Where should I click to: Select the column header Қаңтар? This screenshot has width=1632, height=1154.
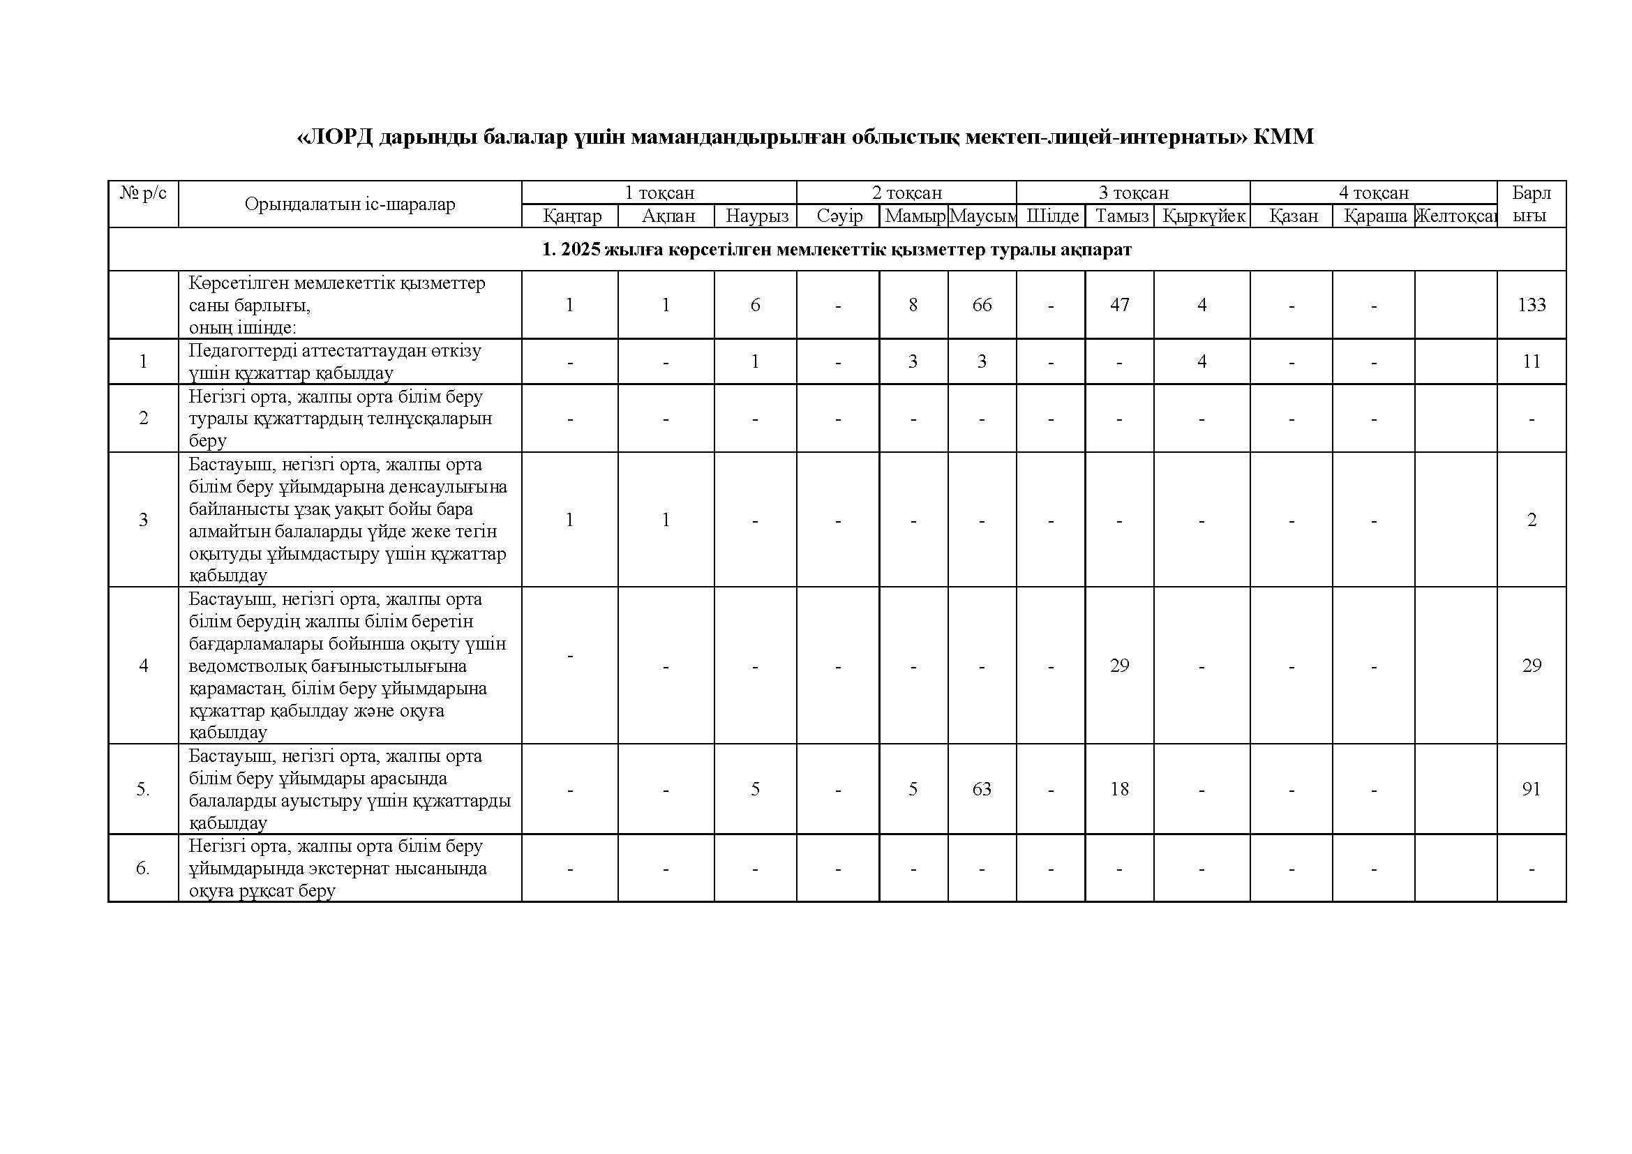tap(572, 216)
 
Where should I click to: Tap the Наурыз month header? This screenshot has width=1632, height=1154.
tap(756, 216)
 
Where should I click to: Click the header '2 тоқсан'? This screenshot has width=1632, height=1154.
tap(907, 193)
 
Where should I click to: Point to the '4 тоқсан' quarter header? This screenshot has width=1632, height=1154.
tap(1373, 193)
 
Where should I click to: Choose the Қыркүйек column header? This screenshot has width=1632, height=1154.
tap(1204, 216)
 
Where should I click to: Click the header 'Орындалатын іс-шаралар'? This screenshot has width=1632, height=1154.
tap(350, 204)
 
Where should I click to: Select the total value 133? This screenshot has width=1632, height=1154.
tap(1531, 305)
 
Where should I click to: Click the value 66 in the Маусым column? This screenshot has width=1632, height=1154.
tap(982, 305)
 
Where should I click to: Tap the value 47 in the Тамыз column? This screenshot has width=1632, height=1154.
tap(1119, 305)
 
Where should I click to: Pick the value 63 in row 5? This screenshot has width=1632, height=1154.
tap(982, 789)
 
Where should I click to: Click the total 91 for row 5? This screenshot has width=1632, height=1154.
tap(1531, 789)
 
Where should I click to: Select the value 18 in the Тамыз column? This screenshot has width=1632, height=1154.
tap(1119, 789)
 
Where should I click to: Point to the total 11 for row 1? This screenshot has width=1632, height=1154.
tap(1531, 361)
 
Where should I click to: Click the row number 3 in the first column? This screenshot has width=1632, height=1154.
tap(144, 520)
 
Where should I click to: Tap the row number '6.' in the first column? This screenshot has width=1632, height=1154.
tap(143, 869)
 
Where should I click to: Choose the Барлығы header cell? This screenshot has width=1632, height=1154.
tap(1531, 204)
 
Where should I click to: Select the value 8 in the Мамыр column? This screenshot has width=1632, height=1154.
tap(913, 305)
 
